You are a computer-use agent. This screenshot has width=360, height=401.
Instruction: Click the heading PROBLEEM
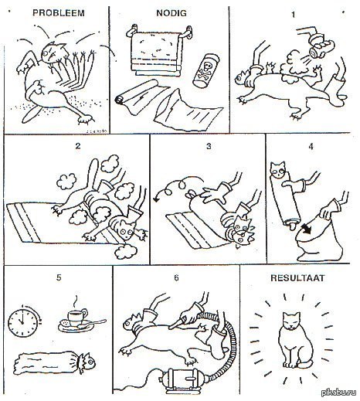tap(59, 13)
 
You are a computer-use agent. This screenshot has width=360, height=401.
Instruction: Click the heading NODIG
tap(172, 13)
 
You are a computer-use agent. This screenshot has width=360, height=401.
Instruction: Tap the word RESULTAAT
tap(297, 278)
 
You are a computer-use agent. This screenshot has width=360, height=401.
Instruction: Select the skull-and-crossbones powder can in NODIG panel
tap(205, 70)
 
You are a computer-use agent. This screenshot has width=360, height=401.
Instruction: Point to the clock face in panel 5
tap(22, 322)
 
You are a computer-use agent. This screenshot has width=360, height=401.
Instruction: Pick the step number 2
tap(78, 146)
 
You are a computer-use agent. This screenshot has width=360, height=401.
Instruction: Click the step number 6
tap(176, 277)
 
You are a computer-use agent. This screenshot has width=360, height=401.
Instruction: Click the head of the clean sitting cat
tap(291, 321)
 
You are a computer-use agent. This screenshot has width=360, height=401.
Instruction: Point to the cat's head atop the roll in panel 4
tap(278, 169)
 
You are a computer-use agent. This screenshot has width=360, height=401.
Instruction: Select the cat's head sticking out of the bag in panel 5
tap(87, 362)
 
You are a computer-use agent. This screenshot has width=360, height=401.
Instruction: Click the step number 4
tap(311, 146)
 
